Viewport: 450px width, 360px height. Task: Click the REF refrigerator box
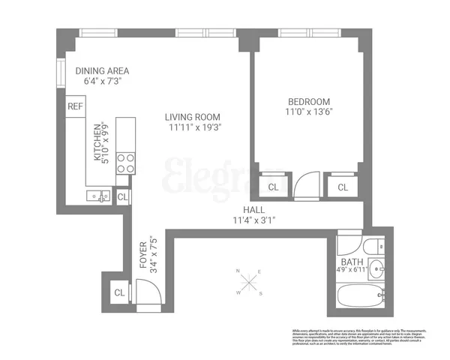pos(76,106)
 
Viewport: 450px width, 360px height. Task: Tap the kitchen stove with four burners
pos(125,163)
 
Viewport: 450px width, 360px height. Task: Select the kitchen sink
pos(97,197)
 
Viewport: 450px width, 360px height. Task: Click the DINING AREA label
pos(102,71)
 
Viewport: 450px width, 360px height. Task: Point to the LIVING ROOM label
pos(193,116)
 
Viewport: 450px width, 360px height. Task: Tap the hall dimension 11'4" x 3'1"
pos(255,220)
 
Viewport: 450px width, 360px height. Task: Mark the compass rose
pos(249,283)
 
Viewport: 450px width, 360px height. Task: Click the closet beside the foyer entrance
pos(118,292)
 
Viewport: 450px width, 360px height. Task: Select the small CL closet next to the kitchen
pos(123,197)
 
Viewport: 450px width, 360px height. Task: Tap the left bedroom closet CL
pos(273,187)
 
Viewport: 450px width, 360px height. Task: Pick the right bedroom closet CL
pos(342,187)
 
